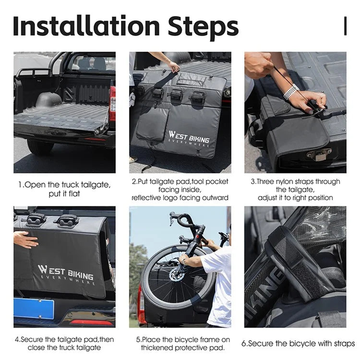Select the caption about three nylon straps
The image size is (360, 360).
295,190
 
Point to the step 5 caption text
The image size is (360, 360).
180,343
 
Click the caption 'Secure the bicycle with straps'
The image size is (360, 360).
298,343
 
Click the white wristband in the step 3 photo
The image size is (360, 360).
291,91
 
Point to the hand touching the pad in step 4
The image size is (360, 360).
25,239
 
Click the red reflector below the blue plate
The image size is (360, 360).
91,323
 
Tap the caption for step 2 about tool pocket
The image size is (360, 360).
180,190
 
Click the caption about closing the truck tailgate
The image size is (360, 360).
64,343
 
